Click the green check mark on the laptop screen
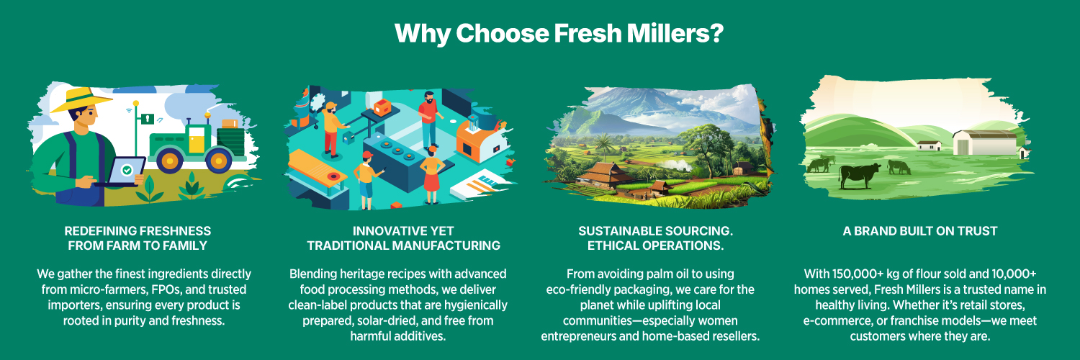pos(127,170)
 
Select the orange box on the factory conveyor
pos(382,107)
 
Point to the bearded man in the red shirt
pos(429,119)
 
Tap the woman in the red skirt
pos(432,174)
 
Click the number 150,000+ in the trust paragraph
pos(858,274)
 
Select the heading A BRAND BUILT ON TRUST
pos(920,231)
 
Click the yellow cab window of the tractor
pos(197,143)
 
